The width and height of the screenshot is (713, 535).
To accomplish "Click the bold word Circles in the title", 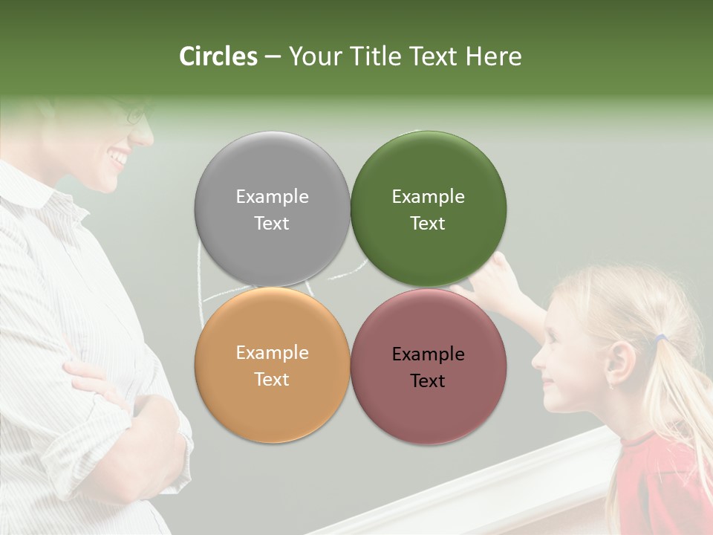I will click(218, 56).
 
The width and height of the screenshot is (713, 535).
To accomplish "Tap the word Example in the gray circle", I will click(272, 197).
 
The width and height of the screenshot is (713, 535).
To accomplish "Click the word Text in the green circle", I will click(428, 224).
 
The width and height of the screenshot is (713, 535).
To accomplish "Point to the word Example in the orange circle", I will click(272, 353).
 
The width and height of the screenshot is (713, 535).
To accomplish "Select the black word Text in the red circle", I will click(428, 381).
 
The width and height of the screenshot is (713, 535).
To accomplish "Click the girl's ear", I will click(620, 363).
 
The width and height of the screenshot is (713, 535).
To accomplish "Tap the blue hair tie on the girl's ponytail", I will click(660, 339).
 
